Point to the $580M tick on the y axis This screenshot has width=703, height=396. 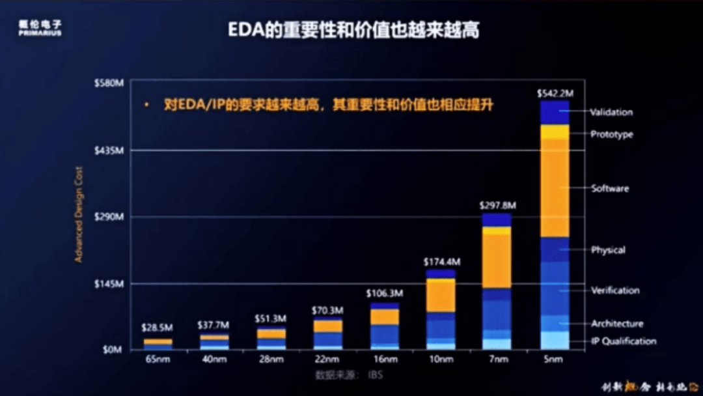coord(109,83)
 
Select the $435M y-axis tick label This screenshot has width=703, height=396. coord(109,150)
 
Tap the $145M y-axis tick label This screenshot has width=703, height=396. coord(109,284)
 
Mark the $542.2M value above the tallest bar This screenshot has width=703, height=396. coord(555,93)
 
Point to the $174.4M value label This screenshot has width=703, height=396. coord(441,262)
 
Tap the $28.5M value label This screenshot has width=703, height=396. coord(158,327)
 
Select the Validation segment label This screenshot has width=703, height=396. coord(611,112)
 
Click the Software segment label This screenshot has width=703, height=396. coord(610,188)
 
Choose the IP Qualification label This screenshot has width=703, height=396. coord(624,341)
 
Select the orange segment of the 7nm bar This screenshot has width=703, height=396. coord(497,261)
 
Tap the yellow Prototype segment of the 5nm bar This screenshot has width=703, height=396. coord(555,132)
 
